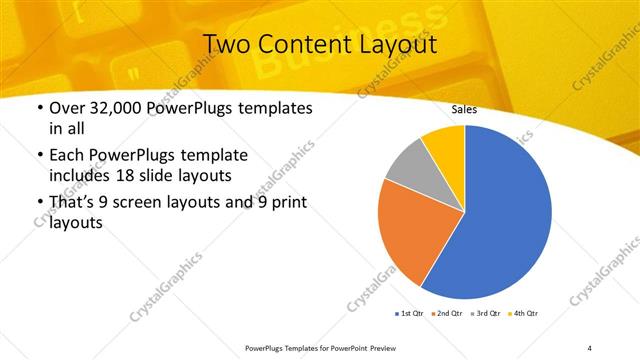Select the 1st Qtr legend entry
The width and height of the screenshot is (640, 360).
[410, 314]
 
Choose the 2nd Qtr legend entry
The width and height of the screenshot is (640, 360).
[447, 314]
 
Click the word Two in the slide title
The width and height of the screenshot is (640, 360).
[227, 44]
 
